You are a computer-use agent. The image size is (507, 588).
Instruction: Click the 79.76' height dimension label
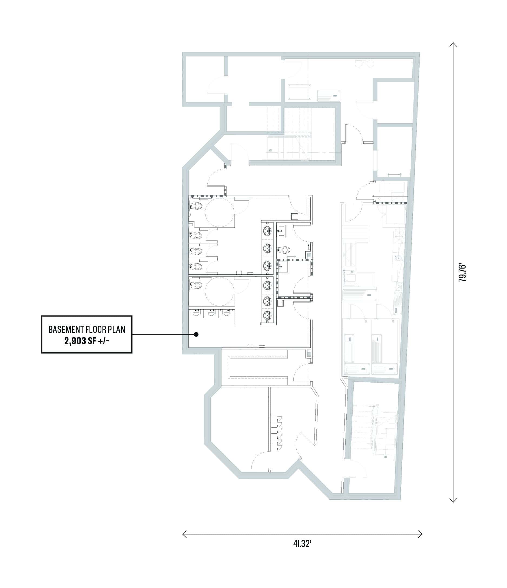[x=462, y=273]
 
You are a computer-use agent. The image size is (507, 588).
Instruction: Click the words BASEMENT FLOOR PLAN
[x=87, y=329]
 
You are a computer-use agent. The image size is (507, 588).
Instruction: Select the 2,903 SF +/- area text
[x=87, y=341]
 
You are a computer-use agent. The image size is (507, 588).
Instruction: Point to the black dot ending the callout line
[x=196, y=335]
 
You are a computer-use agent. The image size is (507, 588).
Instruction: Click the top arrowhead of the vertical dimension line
[x=453, y=45]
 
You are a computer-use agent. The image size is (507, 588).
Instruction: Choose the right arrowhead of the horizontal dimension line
[x=420, y=534]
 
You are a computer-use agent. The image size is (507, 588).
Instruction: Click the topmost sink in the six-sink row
[x=267, y=231]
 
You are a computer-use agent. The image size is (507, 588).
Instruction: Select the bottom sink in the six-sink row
[x=267, y=315]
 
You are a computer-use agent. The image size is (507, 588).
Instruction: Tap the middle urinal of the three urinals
[x=211, y=313]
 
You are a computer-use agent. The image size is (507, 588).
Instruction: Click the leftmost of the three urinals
[x=196, y=313]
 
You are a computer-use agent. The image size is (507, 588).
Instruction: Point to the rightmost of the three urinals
[x=227, y=313]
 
